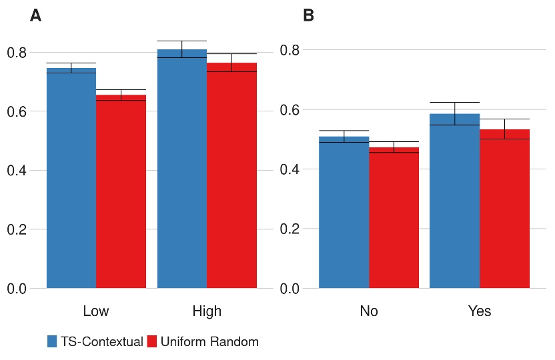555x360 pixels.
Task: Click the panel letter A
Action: (36, 16)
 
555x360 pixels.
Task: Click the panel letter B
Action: (308, 16)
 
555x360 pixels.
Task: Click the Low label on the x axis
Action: (96, 311)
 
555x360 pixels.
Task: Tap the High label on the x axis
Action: (207, 311)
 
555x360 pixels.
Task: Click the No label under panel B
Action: (369, 311)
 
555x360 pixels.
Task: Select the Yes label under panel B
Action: (479, 311)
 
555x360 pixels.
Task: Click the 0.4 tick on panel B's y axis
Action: (290, 169)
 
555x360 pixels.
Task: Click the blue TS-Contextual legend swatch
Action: (52, 342)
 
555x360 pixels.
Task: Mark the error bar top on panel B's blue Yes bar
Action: (454, 102)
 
